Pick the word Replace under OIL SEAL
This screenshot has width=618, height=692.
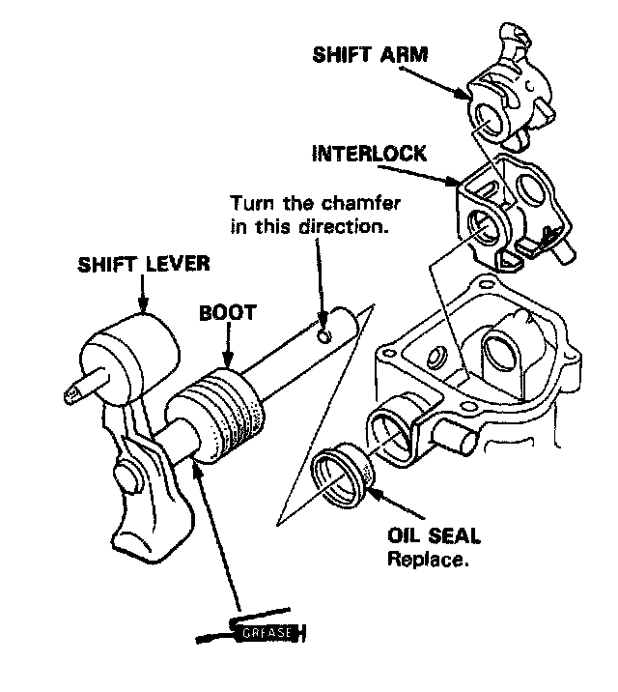click(428, 559)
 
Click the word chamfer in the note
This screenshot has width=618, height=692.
click(348, 204)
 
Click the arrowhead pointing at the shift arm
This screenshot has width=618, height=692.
click(466, 100)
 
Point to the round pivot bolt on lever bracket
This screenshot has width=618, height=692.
click(126, 477)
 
